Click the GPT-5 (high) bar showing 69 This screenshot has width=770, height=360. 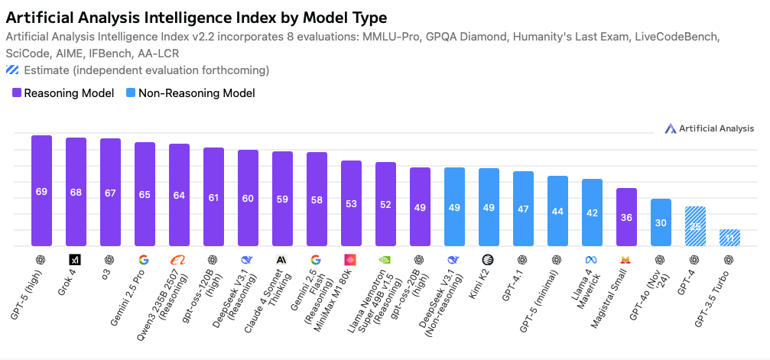pos(41,191)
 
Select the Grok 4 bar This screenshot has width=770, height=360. pos(76,192)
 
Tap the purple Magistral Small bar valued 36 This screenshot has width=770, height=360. pos(626,217)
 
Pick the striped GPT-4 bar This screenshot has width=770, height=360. pos(695,226)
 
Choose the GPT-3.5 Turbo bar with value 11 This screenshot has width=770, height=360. pos(729,238)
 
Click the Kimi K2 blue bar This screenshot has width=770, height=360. pos(489,207)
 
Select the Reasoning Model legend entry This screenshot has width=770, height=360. pos(63,93)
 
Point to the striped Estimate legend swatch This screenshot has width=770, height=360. pos(13,70)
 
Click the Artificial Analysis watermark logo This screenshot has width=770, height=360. pos(709,128)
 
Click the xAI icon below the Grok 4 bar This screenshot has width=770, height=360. pos(76,259)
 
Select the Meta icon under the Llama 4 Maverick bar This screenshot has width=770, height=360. pos(592,259)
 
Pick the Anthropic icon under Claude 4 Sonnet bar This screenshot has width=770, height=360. pos(282,259)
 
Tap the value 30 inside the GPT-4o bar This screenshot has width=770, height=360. pos(661,222)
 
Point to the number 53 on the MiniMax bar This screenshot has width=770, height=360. pos(351,204)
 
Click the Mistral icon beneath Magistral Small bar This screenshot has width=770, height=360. pos(626,259)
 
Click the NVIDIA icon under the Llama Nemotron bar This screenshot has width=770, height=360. pos(385,259)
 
